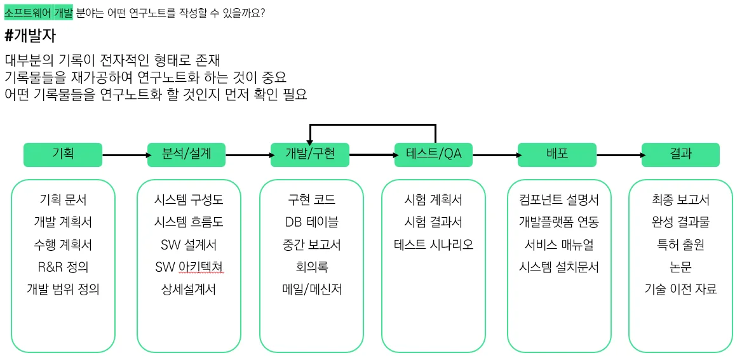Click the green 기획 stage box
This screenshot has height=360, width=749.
(x=62, y=154)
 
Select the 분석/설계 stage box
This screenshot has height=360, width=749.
(x=186, y=154)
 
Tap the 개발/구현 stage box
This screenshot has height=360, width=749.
(x=309, y=154)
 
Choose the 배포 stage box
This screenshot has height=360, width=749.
(x=557, y=154)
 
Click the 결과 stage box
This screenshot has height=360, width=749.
(x=680, y=154)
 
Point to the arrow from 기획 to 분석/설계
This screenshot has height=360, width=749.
(x=124, y=155)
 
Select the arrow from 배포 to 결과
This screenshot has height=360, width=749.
(x=618, y=155)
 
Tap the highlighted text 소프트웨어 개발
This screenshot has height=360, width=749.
(x=39, y=13)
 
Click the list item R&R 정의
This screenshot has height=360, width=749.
(x=63, y=267)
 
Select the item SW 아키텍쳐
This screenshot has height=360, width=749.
(x=189, y=267)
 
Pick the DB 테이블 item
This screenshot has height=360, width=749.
(x=311, y=222)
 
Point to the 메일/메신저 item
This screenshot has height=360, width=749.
(x=311, y=289)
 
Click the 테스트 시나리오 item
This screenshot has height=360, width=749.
(x=433, y=244)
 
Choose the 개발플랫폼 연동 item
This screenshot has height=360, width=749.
(x=558, y=222)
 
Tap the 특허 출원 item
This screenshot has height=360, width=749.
(x=680, y=244)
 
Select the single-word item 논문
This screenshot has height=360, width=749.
(x=680, y=267)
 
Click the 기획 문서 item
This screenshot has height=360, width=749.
(x=63, y=200)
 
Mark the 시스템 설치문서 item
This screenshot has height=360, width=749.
(x=558, y=267)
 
